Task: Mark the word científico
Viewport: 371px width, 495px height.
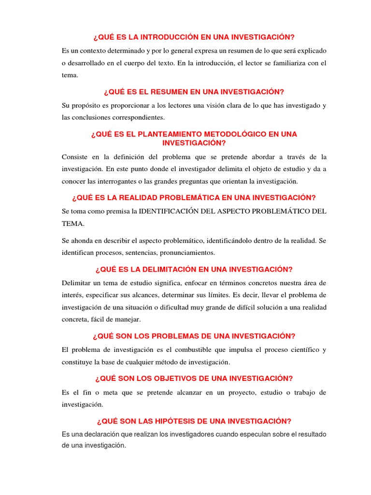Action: [294, 349]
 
